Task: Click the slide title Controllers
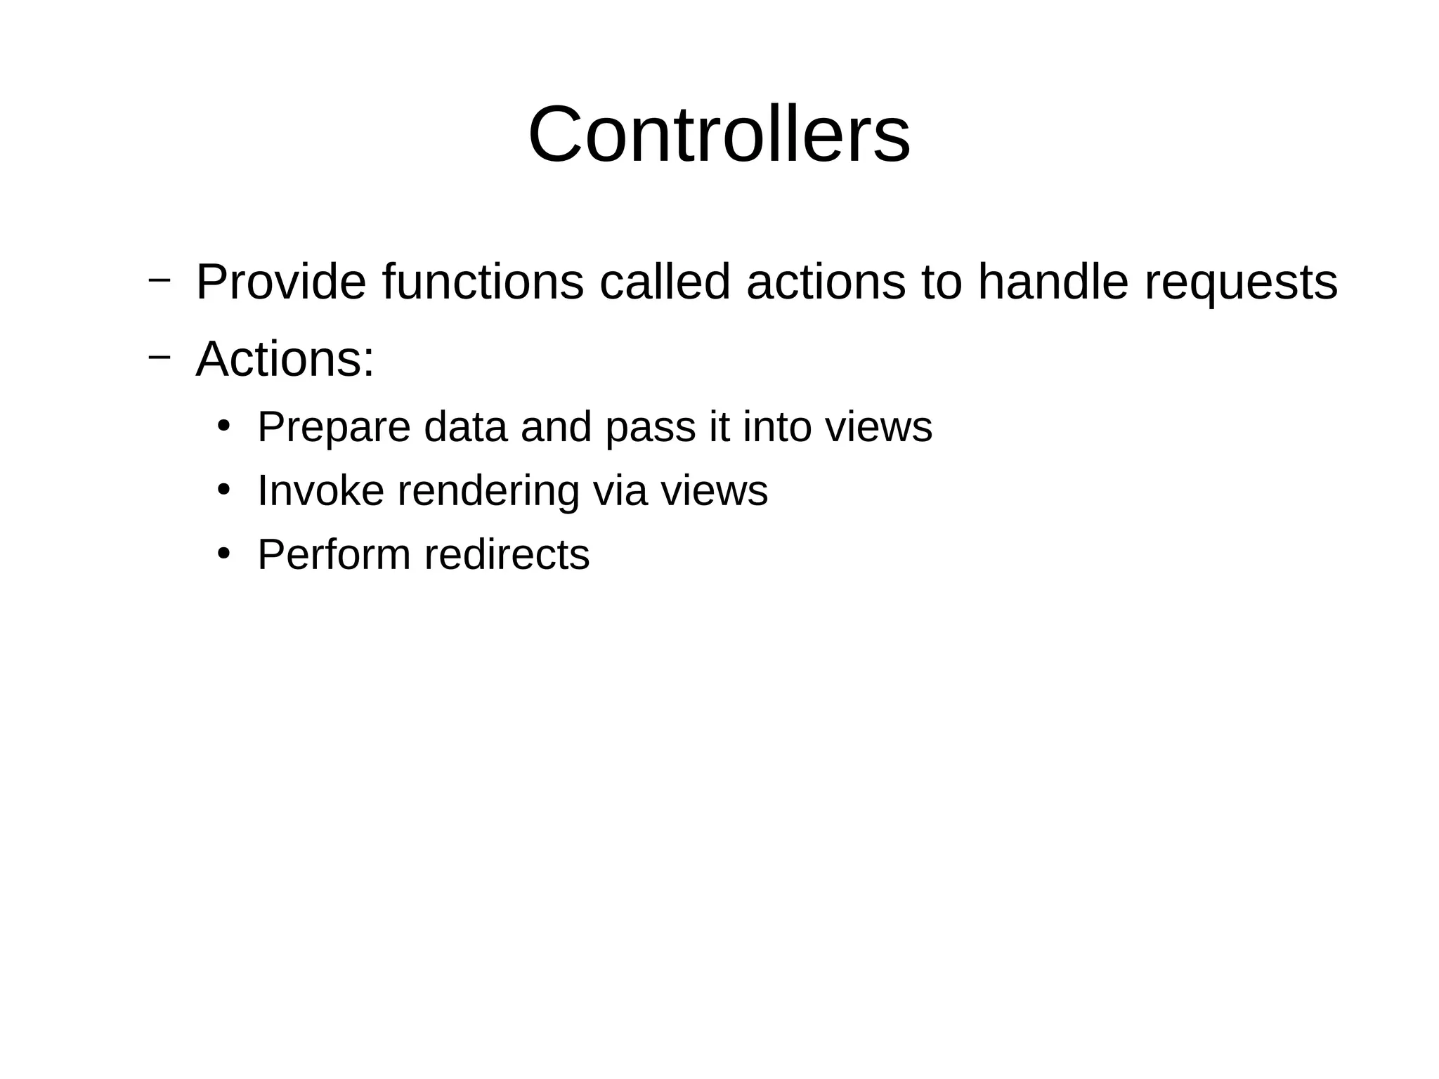coord(719,134)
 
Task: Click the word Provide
coord(280,282)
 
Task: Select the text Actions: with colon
coord(285,359)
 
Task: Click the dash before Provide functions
coord(159,280)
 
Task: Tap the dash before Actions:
coord(159,356)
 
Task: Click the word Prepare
coord(333,428)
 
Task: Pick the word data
coord(465,426)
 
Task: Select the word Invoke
coord(320,490)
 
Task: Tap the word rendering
coord(488,492)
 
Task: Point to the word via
coord(619,490)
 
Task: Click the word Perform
coord(334,554)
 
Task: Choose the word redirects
coord(507,554)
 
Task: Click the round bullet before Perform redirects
coord(223,554)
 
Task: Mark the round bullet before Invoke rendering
coord(223,490)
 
